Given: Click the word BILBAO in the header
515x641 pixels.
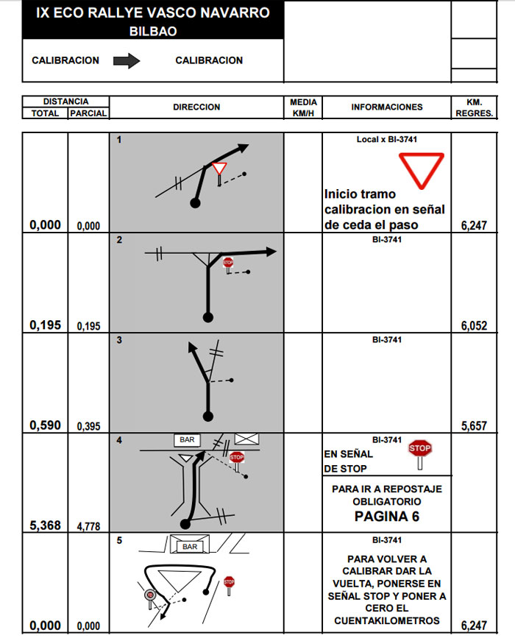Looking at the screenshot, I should [x=153, y=32].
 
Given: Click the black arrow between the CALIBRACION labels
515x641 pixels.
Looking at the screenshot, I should [x=127, y=61].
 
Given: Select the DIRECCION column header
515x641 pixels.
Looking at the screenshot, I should [x=196, y=107].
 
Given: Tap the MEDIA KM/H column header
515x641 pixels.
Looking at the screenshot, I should [x=303, y=107].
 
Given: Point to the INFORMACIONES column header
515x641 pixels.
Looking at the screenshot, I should [x=387, y=107].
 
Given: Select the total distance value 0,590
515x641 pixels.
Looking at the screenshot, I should [x=45, y=425].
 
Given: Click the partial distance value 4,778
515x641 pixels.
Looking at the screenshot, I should [x=88, y=527].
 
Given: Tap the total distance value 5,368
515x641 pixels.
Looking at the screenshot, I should [x=45, y=526].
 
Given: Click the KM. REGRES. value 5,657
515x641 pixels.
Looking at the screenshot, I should [x=474, y=426].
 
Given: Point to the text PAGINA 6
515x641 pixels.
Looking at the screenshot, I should [x=386, y=517].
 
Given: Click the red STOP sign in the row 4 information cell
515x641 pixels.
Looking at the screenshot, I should [x=419, y=448].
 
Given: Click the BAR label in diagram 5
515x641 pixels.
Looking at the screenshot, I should [x=190, y=547].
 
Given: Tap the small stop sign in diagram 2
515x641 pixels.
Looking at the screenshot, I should [x=228, y=262].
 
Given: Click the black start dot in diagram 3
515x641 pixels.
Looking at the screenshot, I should [x=208, y=417].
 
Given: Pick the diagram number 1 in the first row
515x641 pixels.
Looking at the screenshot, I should [x=119, y=140].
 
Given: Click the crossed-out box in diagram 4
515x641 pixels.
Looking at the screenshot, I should [x=246, y=439].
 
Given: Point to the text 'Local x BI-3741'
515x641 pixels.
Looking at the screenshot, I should [x=387, y=139].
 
